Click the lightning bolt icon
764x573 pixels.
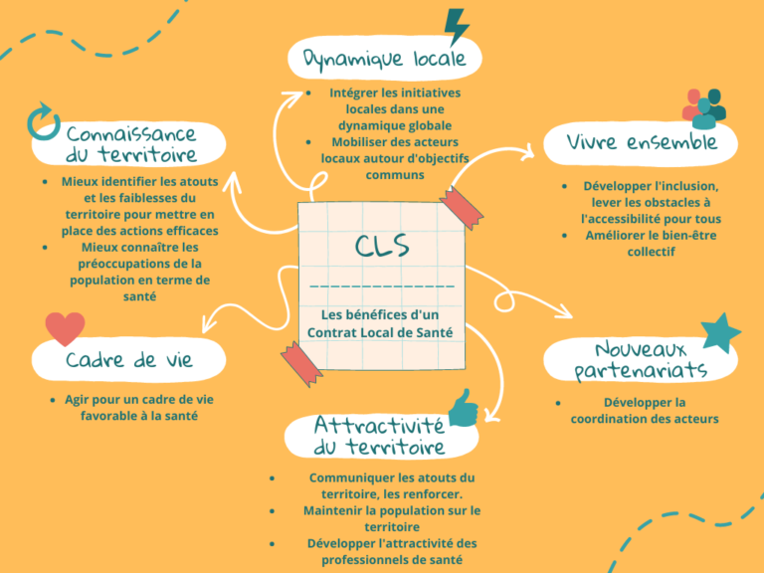click(x=457, y=27)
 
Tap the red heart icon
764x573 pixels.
click(x=65, y=328)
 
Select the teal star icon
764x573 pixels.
click(x=720, y=332)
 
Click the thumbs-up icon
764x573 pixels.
click(x=463, y=409)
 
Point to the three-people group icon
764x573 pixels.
click(x=704, y=108)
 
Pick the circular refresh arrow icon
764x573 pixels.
click(x=44, y=121)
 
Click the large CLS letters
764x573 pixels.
click(x=382, y=246)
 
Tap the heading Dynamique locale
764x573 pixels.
click(x=384, y=59)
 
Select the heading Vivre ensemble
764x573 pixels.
click(x=642, y=142)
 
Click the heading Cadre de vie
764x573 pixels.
click(x=129, y=360)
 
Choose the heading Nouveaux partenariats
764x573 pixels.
click(x=641, y=360)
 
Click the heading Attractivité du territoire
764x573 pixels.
click(x=379, y=436)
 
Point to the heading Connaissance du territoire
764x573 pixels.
click(x=131, y=144)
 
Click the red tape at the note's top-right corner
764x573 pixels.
click(x=461, y=207)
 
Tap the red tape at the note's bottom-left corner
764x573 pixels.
click(x=301, y=364)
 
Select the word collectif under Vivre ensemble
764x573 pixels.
click(x=651, y=252)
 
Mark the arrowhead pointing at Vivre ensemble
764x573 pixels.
click(x=526, y=152)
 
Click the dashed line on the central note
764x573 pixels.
click(x=382, y=286)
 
